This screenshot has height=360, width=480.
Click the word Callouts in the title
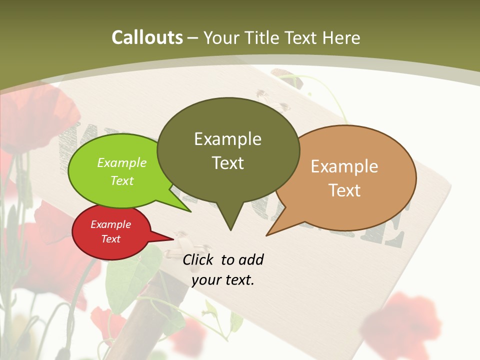click(x=147, y=37)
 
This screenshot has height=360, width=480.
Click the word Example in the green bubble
click(x=122, y=163)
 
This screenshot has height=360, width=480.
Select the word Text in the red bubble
click(x=111, y=239)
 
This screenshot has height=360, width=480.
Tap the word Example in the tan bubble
click(x=344, y=166)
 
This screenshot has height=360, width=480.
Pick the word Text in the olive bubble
click(x=228, y=163)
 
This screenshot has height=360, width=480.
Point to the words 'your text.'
click(x=223, y=280)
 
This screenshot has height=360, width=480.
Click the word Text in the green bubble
click(x=122, y=180)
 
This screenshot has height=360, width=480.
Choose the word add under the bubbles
click(x=250, y=260)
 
